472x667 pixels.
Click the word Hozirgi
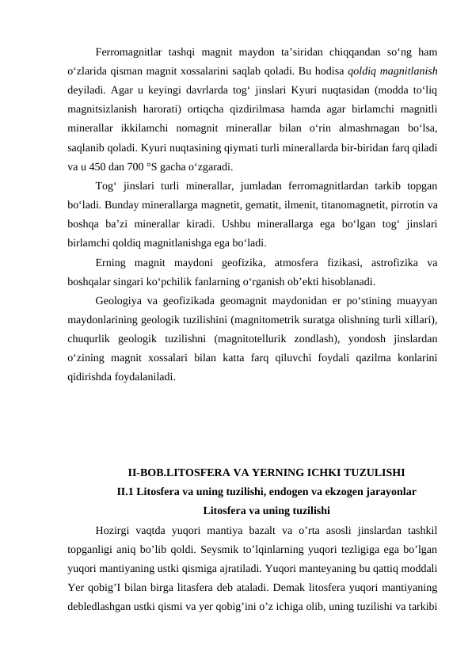pyautogui.click(x=114, y=530)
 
